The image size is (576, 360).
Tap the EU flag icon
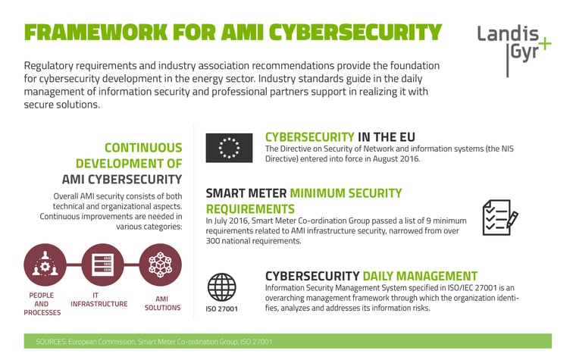[x=229, y=148]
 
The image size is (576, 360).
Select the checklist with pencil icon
[x=500, y=218]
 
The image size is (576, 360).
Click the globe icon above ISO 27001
[x=221, y=287]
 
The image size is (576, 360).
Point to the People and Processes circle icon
[x=45, y=265]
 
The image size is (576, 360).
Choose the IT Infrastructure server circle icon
[x=102, y=265]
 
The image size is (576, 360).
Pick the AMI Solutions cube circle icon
[x=160, y=265]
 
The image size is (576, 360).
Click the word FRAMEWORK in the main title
[x=96, y=33]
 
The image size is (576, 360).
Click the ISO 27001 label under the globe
[x=221, y=309]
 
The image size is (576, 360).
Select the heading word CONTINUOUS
[x=143, y=148]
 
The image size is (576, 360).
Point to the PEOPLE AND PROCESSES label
[x=42, y=304]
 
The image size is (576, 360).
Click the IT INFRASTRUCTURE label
[x=99, y=300]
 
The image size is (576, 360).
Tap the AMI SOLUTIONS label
[x=162, y=303]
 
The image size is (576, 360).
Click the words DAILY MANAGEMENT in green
[x=420, y=276]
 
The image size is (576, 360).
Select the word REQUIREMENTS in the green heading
[x=250, y=209]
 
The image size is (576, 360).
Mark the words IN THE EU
[x=387, y=137]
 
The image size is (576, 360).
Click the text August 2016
[x=396, y=158]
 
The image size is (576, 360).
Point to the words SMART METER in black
[x=246, y=193]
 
